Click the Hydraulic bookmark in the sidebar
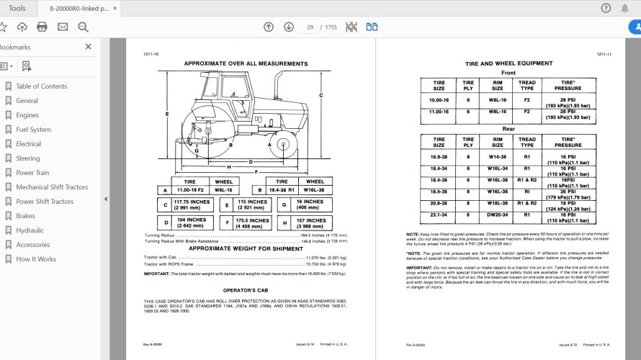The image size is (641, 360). coord(30,230)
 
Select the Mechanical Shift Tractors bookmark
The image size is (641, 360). coord(52,187)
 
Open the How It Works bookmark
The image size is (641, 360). coord(36,259)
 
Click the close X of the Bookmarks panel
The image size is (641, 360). coord(88,47)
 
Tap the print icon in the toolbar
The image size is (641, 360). coord(42,27)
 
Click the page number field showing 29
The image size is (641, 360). coord(310,27)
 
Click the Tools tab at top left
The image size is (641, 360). coord(17,8)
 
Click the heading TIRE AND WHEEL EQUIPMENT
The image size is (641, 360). coord(508,63)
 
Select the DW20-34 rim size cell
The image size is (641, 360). coord(498,215)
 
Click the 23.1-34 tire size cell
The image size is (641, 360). coord(439,215)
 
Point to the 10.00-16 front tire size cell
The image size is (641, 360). coord(439,99)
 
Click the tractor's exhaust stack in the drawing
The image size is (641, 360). coord(274,85)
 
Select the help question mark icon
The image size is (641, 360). coord(606,8)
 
